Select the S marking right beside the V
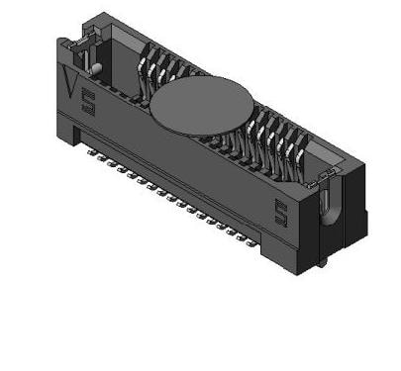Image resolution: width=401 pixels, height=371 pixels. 88,101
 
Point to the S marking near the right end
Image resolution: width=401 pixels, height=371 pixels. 282,210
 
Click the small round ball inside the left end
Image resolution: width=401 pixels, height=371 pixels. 98,68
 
